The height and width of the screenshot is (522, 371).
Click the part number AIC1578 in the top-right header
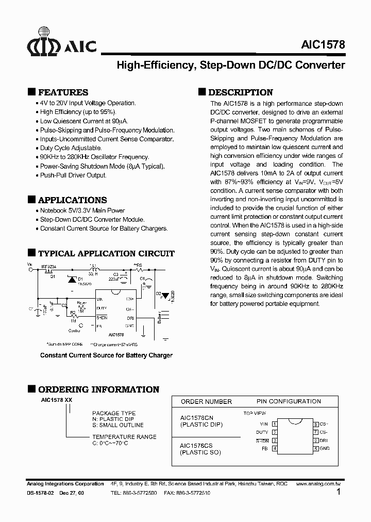pos(323,45)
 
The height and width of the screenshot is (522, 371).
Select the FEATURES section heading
pos(63,92)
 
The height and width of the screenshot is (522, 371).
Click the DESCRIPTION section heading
pos(240,92)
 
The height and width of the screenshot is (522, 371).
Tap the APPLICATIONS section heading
pos(73,200)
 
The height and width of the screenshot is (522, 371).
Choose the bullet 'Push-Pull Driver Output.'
pos(73,175)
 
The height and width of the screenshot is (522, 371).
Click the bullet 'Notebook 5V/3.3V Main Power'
pos(82,210)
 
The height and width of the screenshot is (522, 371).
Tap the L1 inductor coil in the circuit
pos(94,269)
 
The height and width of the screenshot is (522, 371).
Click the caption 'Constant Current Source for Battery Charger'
pos(106,355)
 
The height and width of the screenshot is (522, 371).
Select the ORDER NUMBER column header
pos(206,401)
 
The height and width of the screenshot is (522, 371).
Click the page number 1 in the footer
pos(339,492)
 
